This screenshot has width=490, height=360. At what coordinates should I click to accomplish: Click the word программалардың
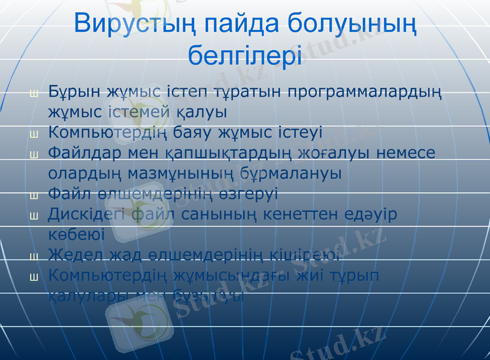point(364,92)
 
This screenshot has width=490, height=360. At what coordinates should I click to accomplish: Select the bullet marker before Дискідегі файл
point(34,216)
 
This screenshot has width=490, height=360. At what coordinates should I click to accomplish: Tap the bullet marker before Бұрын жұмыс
point(34,94)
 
